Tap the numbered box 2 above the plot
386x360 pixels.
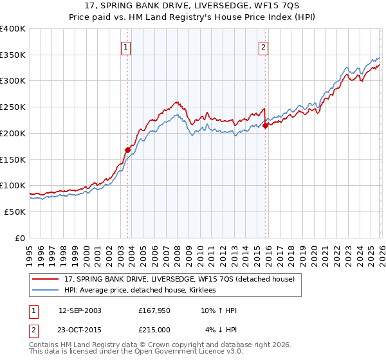pos(264,46)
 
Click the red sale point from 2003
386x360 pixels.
pos(127,150)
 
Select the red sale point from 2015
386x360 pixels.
pos(266,125)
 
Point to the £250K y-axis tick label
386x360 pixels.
pos(12,107)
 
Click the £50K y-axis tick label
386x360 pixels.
pos(14,212)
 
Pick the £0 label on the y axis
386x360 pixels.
pos(21,238)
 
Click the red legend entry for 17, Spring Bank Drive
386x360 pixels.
pos(179,279)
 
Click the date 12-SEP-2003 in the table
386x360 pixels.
pos(80,310)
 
